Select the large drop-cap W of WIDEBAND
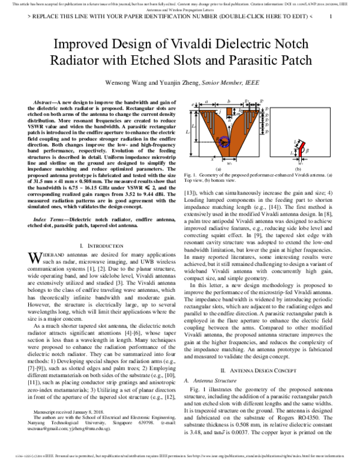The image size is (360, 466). pos(35,258)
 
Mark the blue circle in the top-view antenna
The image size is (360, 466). pos(223,143)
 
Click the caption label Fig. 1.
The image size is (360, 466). pos(191,175)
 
